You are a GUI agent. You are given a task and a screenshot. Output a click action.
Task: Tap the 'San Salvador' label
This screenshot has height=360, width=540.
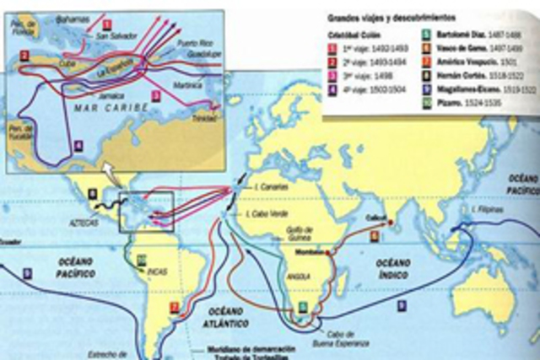(x=115, y=35)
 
